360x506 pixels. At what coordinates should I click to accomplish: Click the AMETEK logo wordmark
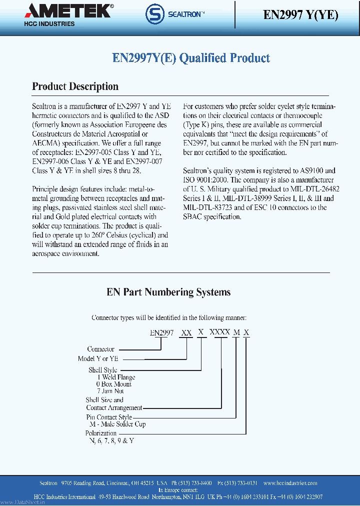click(x=69, y=10)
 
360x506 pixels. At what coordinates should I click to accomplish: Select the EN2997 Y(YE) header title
click(x=300, y=14)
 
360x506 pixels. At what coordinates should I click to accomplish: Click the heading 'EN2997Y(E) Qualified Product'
click(x=191, y=58)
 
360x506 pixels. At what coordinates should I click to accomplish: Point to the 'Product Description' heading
click(x=75, y=86)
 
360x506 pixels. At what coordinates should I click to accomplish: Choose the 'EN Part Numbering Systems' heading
click(x=168, y=292)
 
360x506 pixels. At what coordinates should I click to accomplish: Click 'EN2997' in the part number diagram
click(x=161, y=332)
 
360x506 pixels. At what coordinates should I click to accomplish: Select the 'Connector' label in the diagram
click(x=101, y=349)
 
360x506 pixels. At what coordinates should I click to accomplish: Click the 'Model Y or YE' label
click(x=97, y=358)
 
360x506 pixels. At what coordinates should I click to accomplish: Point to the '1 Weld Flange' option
click(x=115, y=377)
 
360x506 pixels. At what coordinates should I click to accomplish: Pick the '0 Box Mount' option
click(x=114, y=384)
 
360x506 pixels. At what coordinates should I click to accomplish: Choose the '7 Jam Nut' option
click(x=110, y=391)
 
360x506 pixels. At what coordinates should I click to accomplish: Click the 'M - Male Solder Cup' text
click(x=114, y=424)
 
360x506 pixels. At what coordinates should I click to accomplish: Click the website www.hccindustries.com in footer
click(x=290, y=483)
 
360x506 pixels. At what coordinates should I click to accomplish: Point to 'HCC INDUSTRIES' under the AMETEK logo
click(x=49, y=23)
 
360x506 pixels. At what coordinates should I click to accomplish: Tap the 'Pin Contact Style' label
click(x=109, y=417)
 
